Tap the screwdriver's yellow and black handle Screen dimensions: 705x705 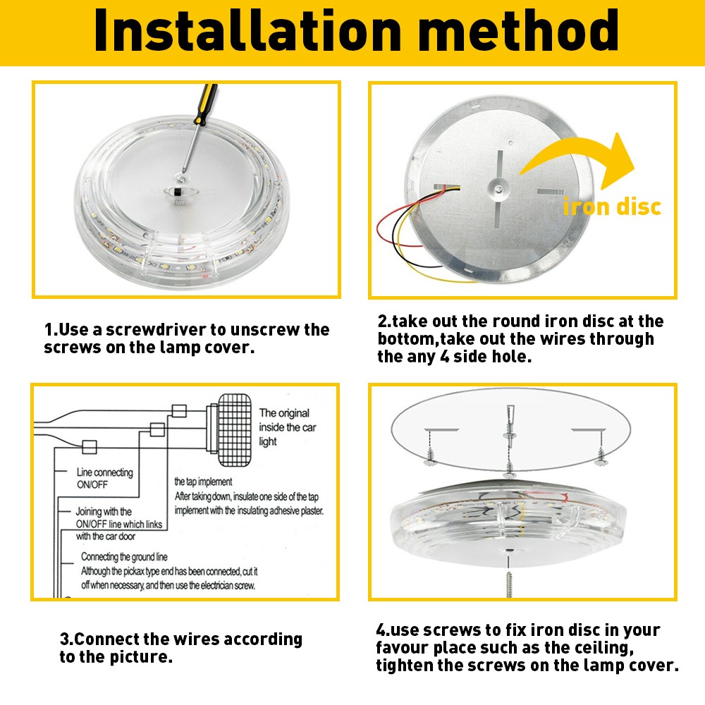(x=205, y=104)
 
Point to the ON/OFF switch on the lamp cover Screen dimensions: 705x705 (x=180, y=192)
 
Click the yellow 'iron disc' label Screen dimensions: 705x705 (x=612, y=207)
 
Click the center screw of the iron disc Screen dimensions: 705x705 (x=498, y=189)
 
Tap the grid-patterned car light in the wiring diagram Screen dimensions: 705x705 (x=234, y=430)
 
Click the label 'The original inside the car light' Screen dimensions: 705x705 (x=288, y=427)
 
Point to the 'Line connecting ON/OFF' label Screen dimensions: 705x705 (x=105, y=479)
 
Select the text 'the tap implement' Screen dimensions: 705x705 (x=203, y=482)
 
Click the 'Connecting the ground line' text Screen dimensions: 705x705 (x=124, y=557)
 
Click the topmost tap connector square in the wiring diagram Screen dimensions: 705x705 (x=179, y=411)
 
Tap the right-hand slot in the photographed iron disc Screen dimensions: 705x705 (x=551, y=192)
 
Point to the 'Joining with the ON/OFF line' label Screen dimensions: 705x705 (x=119, y=524)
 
